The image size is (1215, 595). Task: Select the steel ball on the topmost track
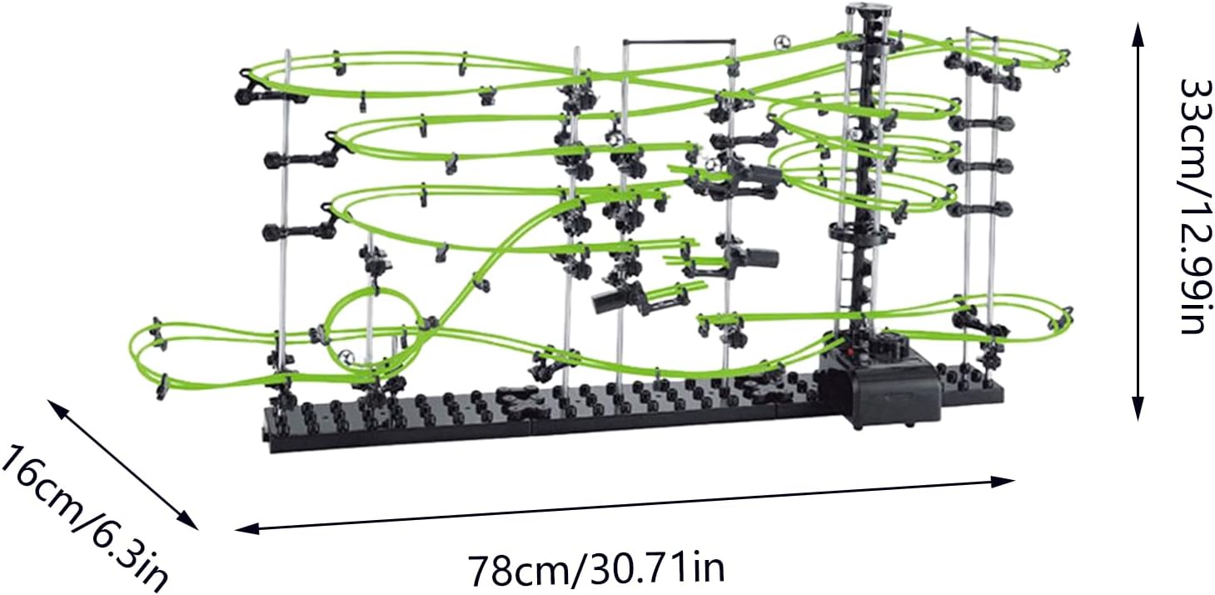point(780,42)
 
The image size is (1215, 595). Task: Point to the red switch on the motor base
point(851,357)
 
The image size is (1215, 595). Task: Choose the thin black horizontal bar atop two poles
point(679,39)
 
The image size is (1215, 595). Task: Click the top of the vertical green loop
point(372,291)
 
